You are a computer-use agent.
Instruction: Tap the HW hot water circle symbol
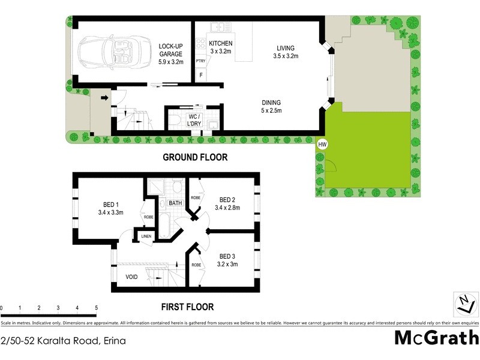323,145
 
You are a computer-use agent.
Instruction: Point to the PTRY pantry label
200,61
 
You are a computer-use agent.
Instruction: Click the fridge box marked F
200,74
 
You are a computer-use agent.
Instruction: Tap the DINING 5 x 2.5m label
270,106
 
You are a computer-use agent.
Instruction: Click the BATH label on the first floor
175,203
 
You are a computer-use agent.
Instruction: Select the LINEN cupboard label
146,236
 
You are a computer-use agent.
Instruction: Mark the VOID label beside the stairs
132,277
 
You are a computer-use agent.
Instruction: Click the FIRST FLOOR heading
187,307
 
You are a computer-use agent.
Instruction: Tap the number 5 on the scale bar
96,308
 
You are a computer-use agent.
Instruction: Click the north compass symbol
463,303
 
